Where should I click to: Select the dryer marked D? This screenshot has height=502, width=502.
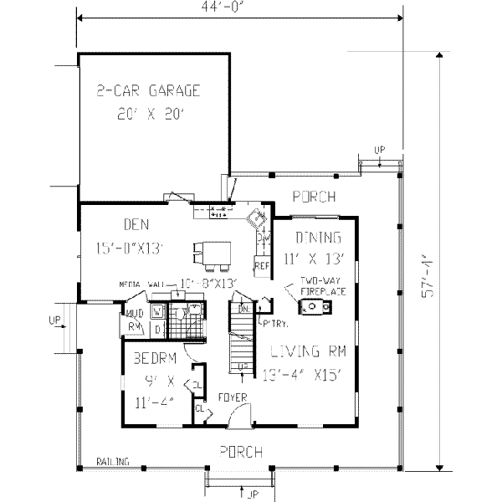tap(156, 327)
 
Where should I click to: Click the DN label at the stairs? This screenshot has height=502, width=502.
tap(244, 309)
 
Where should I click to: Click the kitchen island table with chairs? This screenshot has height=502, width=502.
tap(213, 254)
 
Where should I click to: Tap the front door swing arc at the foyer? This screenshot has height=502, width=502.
tap(241, 413)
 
